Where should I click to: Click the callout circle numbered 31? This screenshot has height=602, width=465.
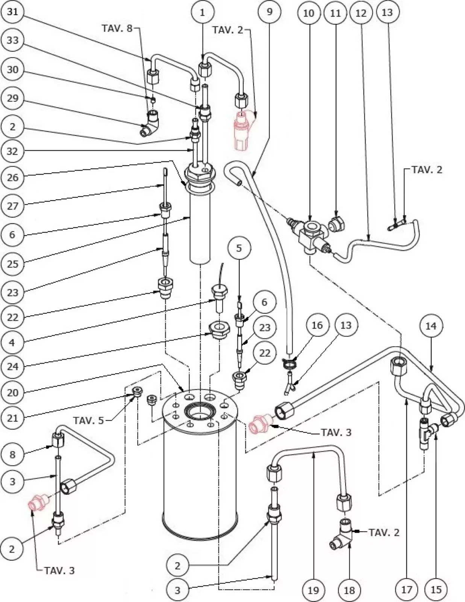[x=12, y=12]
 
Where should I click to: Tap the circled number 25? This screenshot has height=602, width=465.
[x=12, y=264]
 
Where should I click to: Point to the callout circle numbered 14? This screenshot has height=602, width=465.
[x=431, y=326]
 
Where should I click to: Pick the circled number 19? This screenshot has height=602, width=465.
[x=314, y=590]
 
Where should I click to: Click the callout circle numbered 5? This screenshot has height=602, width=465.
[x=239, y=248]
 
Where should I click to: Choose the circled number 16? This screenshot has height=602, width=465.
[x=317, y=325]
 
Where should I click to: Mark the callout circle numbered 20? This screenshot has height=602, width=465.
[x=12, y=392]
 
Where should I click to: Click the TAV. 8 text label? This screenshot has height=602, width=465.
[x=118, y=28]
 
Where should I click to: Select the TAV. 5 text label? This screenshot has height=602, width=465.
[x=89, y=420]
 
